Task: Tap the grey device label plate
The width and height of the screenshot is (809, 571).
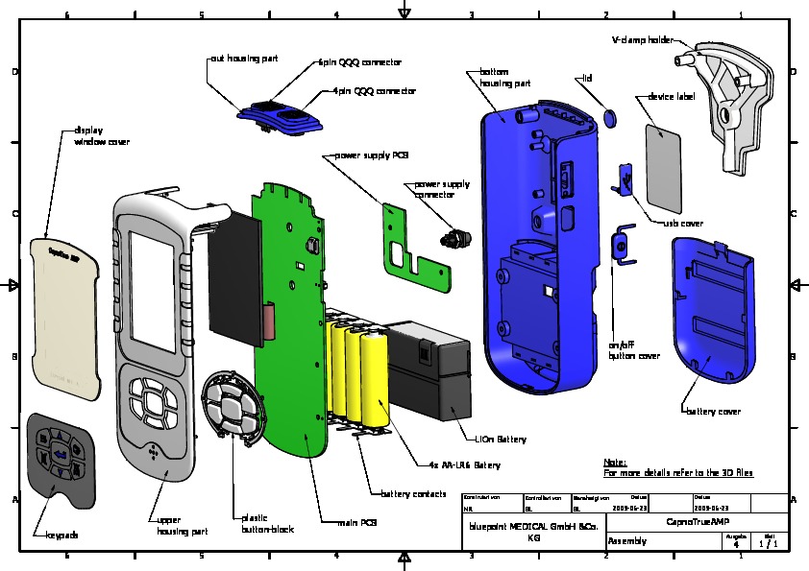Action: click(x=664, y=165)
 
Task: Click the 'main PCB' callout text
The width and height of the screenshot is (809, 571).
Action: click(x=355, y=523)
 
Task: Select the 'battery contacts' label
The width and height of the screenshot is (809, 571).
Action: click(x=413, y=494)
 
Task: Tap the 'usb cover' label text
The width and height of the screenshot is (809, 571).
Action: click(x=683, y=223)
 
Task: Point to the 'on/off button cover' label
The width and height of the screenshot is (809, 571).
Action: click(x=634, y=350)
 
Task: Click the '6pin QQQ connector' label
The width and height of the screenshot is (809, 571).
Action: click(x=359, y=62)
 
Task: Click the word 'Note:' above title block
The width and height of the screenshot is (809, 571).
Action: click(x=615, y=463)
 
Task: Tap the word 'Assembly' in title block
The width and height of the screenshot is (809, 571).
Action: click(x=627, y=542)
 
